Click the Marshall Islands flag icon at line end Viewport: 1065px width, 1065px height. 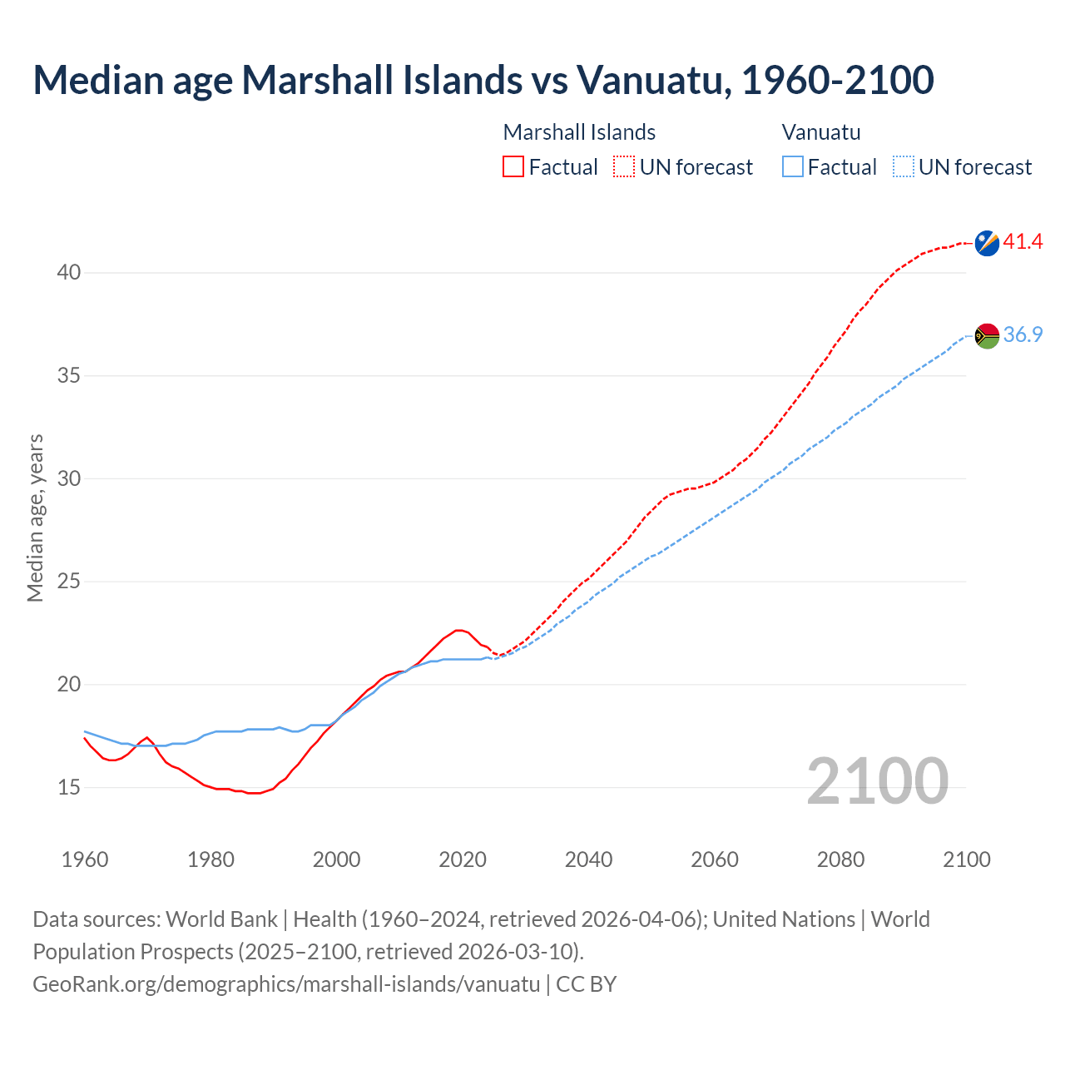click(987, 243)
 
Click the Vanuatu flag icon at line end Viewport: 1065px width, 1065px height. click(987, 335)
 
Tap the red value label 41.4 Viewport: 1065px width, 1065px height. click(1023, 242)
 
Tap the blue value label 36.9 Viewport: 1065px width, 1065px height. click(1023, 334)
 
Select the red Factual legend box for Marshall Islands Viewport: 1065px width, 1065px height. click(513, 167)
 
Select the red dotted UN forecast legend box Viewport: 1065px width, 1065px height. click(624, 167)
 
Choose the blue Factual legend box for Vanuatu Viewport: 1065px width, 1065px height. click(793, 167)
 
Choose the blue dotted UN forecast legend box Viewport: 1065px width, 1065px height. click(903, 167)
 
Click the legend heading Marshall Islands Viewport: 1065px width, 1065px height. click(579, 132)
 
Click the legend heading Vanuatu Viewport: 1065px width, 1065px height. click(821, 132)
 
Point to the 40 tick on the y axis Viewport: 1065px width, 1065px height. click(69, 273)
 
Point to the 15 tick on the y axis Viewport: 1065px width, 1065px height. click(69, 787)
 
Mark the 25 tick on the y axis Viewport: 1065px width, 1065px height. click(69, 582)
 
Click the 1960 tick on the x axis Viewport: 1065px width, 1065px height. click(85, 859)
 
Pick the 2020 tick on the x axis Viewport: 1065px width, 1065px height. click(463, 859)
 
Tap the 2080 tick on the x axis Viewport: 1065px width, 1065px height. click(840, 859)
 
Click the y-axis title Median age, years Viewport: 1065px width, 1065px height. click(35, 518)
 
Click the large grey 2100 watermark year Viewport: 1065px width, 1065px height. click(878, 780)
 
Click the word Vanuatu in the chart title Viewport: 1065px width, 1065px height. click(653, 80)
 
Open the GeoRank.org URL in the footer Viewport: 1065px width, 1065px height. click(286, 984)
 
